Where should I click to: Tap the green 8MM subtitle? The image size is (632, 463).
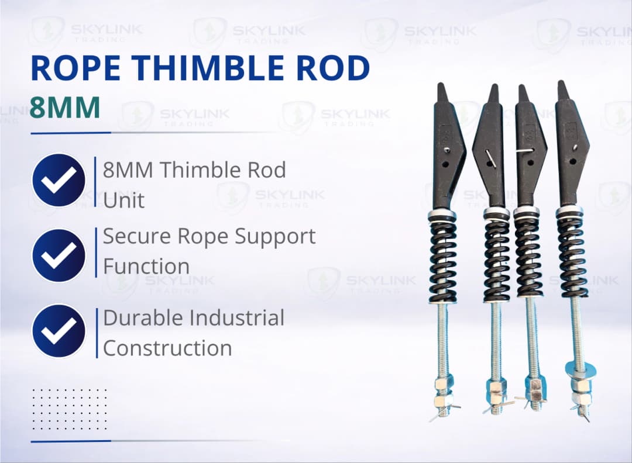[64, 108]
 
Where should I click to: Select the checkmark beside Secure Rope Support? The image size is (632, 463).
[59, 255]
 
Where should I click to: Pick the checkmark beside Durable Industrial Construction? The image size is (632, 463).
[59, 330]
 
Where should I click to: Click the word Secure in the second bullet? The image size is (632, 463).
[133, 237]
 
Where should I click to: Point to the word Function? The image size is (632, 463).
[146, 266]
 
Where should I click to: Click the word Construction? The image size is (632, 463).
[167, 348]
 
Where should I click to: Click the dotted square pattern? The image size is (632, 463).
[69, 409]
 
